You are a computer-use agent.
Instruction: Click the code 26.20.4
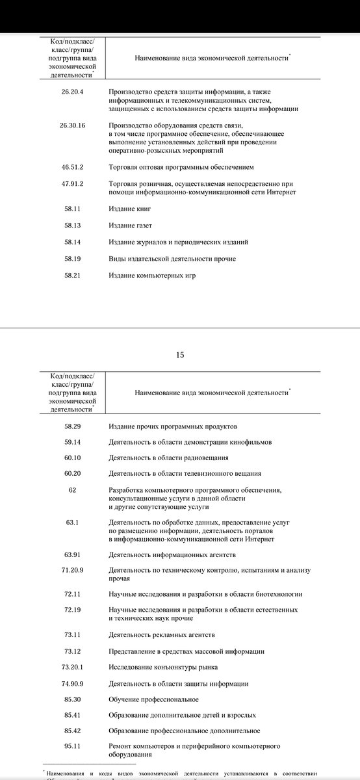coord(72,92)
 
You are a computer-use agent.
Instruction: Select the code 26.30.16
coord(72,125)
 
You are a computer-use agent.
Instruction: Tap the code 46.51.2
coord(72,167)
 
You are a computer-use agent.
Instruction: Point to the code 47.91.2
coord(72,184)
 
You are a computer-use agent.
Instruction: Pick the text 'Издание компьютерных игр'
coord(152,276)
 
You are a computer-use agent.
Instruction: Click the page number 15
coord(180,354)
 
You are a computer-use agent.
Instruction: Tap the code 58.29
coord(72,426)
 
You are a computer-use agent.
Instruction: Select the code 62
coord(72,489)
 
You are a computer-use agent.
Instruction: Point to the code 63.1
coord(72,523)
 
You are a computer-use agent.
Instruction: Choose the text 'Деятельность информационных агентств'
coord(172,555)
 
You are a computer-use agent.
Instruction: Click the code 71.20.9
coord(72,571)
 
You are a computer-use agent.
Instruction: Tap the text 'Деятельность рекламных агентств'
coord(162,634)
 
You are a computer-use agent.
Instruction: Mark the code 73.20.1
coord(72,668)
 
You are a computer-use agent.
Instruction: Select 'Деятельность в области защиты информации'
coord(179,684)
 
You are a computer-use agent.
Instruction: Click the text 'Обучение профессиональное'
coord(153,699)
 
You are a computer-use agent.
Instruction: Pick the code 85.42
coord(72,731)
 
